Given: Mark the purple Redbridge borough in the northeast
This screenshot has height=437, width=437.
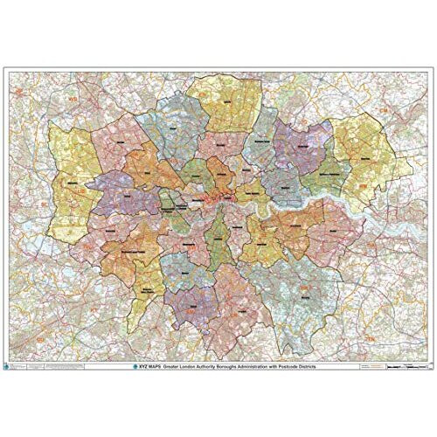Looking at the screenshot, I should tap(302, 144).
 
